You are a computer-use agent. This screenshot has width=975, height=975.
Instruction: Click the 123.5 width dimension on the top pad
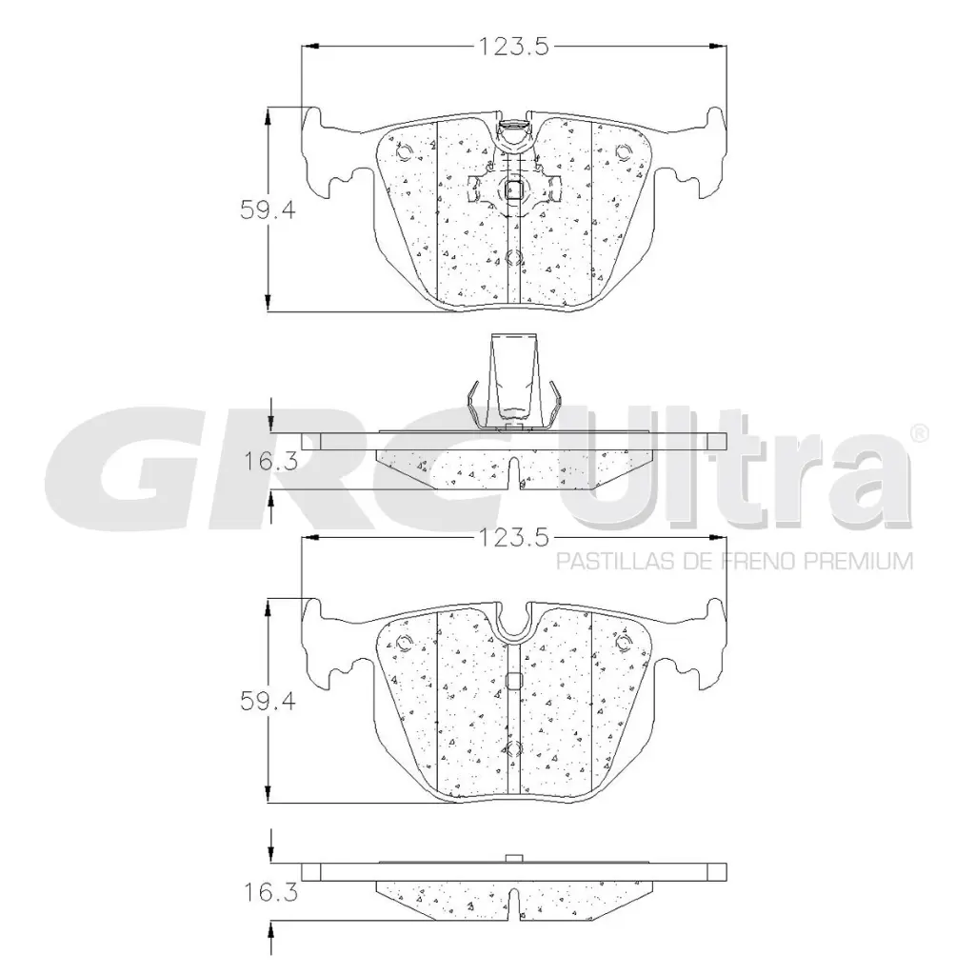[513, 47]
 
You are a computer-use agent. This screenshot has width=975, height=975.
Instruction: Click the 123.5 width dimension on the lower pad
[513, 537]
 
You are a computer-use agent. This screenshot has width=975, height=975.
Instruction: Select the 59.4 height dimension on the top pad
[268, 210]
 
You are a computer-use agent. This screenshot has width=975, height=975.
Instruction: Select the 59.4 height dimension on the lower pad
[268, 702]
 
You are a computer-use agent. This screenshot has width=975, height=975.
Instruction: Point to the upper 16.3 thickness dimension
[270, 462]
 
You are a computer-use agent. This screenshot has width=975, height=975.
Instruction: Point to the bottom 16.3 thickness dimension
[270, 893]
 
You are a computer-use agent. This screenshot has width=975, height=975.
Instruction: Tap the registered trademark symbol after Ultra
[919, 433]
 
